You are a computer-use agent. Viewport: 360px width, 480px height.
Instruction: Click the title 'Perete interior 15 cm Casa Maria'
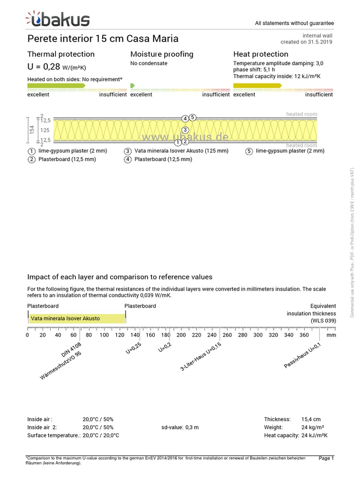[x=103, y=38]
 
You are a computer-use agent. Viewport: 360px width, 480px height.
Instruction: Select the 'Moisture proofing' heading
[x=162, y=54]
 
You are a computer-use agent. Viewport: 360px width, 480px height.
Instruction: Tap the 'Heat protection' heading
[x=261, y=54]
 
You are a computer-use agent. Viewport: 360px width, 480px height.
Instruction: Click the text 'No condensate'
[x=149, y=63]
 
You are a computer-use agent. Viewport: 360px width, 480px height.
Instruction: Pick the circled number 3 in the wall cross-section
[x=185, y=130]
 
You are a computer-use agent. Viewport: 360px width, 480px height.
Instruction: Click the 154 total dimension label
[x=32, y=130]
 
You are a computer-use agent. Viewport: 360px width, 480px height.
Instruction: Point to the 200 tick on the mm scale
[x=181, y=335]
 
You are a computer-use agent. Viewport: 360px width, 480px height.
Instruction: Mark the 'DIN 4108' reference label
[x=71, y=350]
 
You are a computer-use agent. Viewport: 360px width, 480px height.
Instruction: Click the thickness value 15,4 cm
[x=311, y=419]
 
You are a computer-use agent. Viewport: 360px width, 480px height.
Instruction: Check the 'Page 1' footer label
[x=326, y=458]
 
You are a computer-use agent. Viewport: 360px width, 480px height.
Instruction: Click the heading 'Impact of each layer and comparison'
[x=120, y=277]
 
